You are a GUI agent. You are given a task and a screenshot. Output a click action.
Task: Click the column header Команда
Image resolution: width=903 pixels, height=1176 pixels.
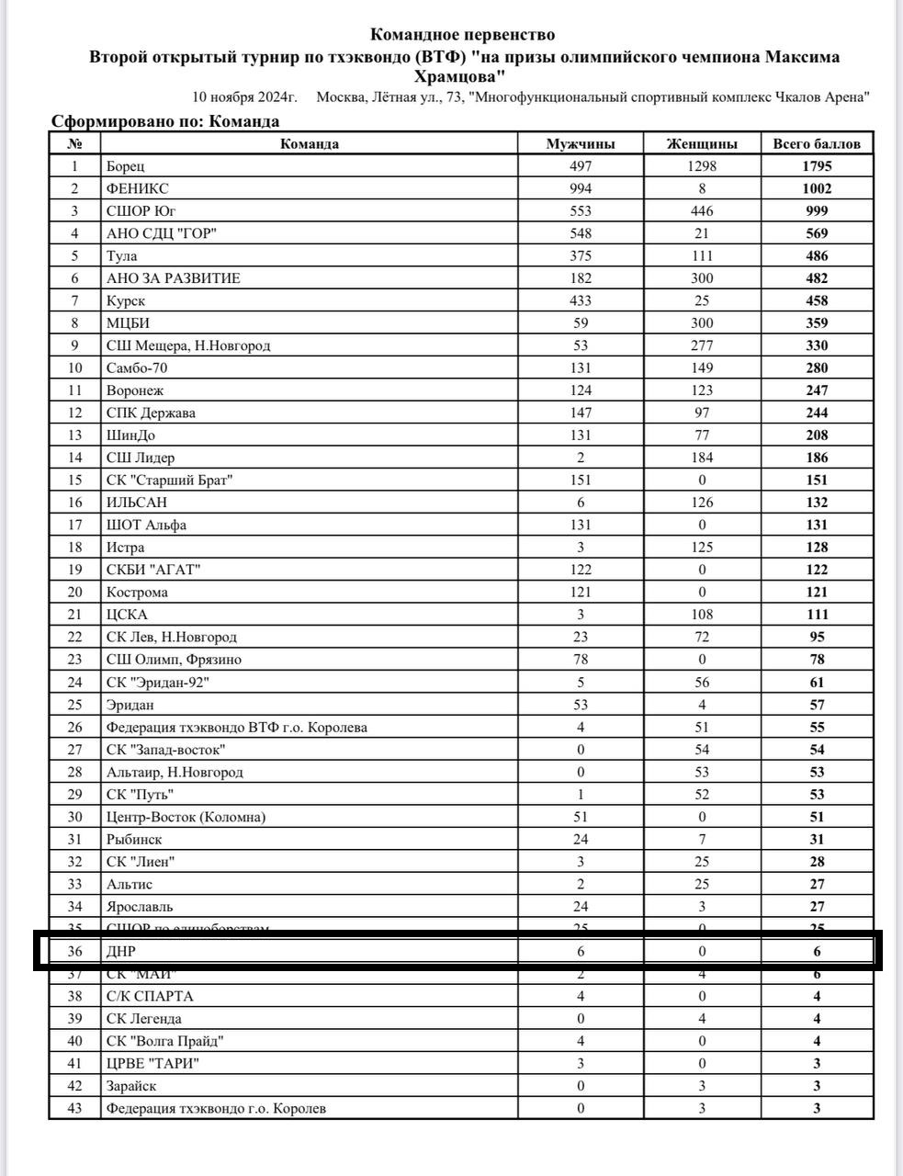pyautogui.click(x=309, y=143)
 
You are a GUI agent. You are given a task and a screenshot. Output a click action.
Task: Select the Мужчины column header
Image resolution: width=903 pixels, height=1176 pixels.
pyautogui.click(x=580, y=143)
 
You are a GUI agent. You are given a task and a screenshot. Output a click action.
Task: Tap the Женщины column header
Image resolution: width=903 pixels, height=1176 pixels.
pyautogui.click(x=702, y=143)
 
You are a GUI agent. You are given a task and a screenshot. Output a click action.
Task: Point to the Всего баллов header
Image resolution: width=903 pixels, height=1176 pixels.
pyautogui.click(x=817, y=143)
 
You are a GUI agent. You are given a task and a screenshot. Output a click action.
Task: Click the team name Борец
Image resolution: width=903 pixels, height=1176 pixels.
pyautogui.click(x=125, y=166)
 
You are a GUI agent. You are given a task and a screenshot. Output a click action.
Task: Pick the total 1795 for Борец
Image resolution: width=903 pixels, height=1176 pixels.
pyautogui.click(x=817, y=166)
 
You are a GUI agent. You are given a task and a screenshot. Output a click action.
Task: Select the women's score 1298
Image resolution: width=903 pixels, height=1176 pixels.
pyautogui.click(x=702, y=166)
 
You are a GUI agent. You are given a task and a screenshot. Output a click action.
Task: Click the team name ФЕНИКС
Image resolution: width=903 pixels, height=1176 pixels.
pyautogui.click(x=137, y=188)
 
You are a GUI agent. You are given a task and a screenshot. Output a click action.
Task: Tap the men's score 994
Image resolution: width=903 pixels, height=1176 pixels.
pyautogui.click(x=580, y=188)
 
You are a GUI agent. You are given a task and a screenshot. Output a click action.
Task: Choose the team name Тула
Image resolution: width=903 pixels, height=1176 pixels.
pyautogui.click(x=121, y=256)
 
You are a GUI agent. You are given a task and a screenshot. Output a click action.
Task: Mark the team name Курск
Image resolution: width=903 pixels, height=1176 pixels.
pyautogui.click(x=125, y=300)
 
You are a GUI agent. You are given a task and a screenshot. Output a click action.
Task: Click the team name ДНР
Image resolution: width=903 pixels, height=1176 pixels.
pyautogui.click(x=120, y=952)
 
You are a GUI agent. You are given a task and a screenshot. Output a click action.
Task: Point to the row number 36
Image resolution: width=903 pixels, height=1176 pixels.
pyautogui.click(x=74, y=952)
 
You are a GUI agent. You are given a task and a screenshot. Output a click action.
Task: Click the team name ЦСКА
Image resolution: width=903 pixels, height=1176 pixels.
pyautogui.click(x=127, y=615)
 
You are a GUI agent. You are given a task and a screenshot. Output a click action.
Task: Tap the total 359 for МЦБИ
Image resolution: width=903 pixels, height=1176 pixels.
pyautogui.click(x=817, y=323)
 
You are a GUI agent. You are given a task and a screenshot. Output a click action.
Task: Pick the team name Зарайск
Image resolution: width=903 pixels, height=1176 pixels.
pyautogui.click(x=130, y=1085)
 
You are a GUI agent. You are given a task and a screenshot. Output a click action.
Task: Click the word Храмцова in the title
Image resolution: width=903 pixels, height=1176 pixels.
pyautogui.click(x=462, y=76)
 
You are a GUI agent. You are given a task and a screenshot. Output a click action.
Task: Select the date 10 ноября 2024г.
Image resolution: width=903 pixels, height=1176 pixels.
pyautogui.click(x=244, y=97)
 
